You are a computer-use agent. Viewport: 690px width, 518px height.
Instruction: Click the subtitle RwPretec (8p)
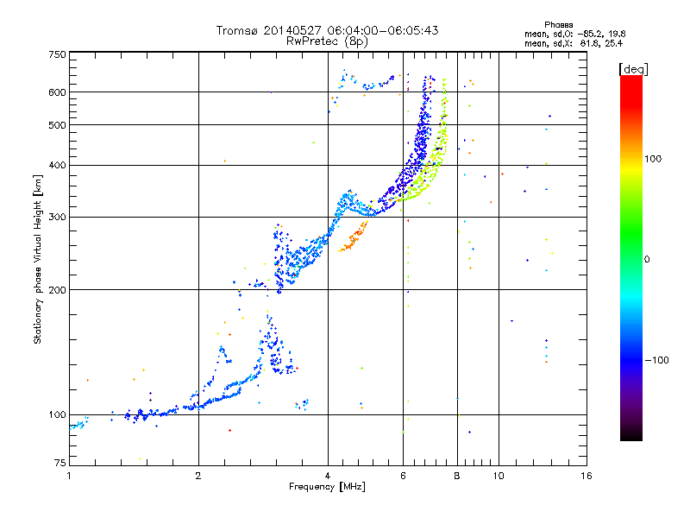point(327,41)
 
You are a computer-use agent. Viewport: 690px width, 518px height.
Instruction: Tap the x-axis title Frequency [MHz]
point(327,487)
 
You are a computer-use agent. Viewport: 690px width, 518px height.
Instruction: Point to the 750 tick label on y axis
point(58,54)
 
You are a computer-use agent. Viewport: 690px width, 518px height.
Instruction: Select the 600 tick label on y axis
point(58,92)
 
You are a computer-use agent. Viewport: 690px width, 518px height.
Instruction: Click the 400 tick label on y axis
point(58,166)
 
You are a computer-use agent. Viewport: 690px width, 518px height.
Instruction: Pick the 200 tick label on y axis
point(58,290)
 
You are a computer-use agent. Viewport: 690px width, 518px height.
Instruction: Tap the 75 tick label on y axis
point(60,463)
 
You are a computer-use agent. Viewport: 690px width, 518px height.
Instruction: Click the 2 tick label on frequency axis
point(198,476)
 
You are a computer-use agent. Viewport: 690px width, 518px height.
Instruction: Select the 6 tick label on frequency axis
point(403,476)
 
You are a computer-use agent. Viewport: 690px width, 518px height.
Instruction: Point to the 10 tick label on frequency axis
point(499,476)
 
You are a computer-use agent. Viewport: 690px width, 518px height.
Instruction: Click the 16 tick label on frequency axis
point(586,476)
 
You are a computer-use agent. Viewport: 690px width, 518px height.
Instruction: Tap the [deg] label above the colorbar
point(633,70)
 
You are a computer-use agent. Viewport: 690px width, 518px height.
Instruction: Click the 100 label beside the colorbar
point(653,159)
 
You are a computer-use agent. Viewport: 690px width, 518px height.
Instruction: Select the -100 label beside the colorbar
point(657,360)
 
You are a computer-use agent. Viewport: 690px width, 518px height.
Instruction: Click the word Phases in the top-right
point(558,25)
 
